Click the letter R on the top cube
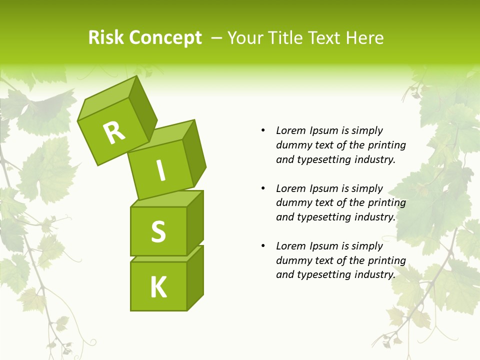pos(114,132)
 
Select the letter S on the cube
pos(158,231)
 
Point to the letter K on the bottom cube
pos(158,287)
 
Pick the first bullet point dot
pos(263,130)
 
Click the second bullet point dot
pos(263,188)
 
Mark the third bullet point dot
pos(263,246)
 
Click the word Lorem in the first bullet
pos(290,130)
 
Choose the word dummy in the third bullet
pos(292,260)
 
